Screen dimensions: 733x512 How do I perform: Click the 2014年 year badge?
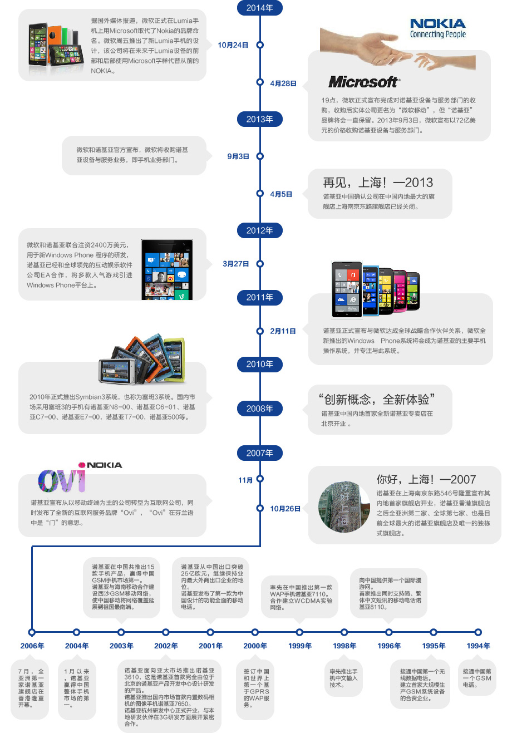260,8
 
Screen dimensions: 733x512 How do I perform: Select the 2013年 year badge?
260,119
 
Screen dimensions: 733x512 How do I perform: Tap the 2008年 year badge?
260,409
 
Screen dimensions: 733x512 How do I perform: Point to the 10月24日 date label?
233,45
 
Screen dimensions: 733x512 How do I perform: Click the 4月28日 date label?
283,83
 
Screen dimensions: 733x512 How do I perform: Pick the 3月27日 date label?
235,264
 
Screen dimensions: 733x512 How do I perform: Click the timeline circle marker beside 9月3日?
260,156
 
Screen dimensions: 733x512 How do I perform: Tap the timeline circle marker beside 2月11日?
260,331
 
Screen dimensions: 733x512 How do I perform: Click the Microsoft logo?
363,82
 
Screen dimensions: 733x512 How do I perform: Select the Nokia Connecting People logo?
438,28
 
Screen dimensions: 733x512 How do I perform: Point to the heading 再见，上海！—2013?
378,183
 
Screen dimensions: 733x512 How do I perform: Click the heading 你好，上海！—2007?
426,479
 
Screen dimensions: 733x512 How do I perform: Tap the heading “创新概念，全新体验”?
377,399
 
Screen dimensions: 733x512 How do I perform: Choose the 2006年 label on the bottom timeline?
32,646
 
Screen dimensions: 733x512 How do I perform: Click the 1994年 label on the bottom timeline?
478,646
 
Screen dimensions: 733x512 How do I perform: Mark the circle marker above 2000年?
255,632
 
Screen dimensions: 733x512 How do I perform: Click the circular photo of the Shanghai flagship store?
343,506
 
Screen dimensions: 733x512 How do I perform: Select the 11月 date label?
245,480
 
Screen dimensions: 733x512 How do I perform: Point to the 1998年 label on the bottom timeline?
344,646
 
